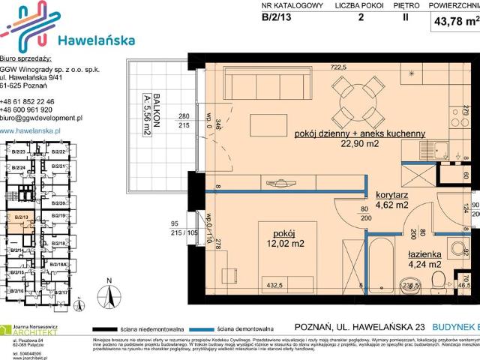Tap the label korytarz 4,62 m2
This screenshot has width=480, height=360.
tap(391, 198)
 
